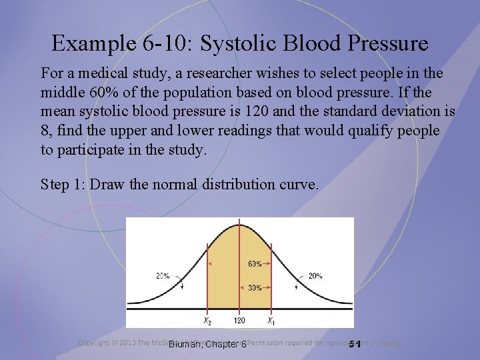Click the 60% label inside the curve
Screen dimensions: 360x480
[x=255, y=264]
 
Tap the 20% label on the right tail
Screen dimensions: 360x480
[x=315, y=275]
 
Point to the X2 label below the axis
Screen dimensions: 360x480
[x=208, y=321]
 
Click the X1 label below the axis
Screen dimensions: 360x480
[x=271, y=321]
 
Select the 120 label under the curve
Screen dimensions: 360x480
[x=239, y=321]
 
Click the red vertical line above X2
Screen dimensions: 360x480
[x=209, y=280]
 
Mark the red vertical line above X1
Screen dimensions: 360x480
[x=271, y=280]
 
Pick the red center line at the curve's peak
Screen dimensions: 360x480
[x=239, y=267]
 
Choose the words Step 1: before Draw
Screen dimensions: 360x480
[x=63, y=184]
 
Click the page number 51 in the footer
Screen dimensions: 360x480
[x=355, y=344]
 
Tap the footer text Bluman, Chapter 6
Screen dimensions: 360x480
[x=207, y=344]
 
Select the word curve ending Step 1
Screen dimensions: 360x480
[x=298, y=184]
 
